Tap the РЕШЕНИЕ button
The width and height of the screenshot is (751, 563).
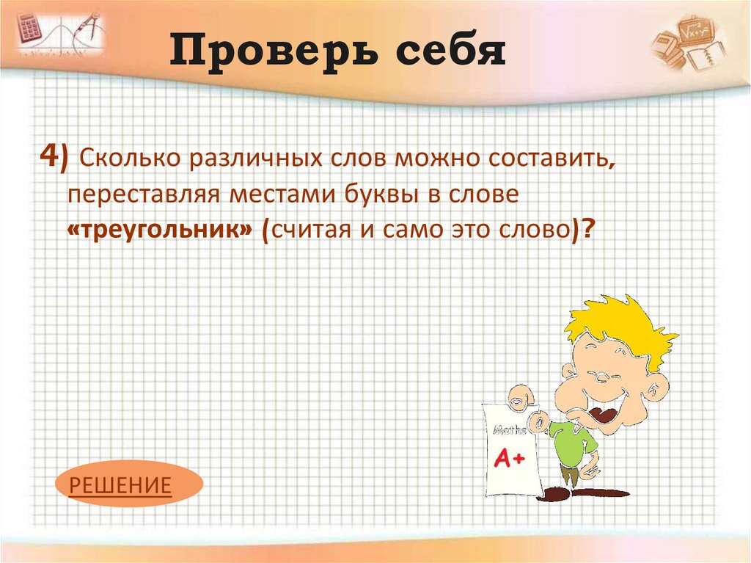120,484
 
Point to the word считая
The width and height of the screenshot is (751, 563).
315,229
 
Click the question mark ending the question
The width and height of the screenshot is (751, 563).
588,229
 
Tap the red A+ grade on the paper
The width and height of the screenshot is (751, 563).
509,460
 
